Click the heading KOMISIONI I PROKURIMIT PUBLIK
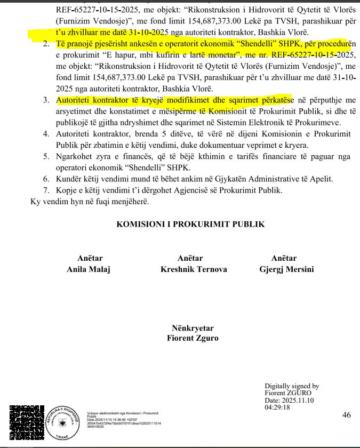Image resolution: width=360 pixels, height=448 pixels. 190,225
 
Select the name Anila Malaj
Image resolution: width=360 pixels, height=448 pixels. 88,269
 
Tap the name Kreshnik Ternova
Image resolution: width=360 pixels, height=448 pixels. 190,269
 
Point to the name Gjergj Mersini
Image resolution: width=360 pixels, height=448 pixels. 285,269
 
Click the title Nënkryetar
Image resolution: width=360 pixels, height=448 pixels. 193,328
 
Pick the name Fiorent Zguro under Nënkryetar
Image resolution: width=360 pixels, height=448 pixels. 193,338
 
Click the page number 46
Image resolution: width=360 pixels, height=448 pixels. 346,415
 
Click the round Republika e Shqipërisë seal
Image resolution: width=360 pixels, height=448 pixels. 62,421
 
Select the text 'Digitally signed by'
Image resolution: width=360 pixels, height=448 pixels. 292,386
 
